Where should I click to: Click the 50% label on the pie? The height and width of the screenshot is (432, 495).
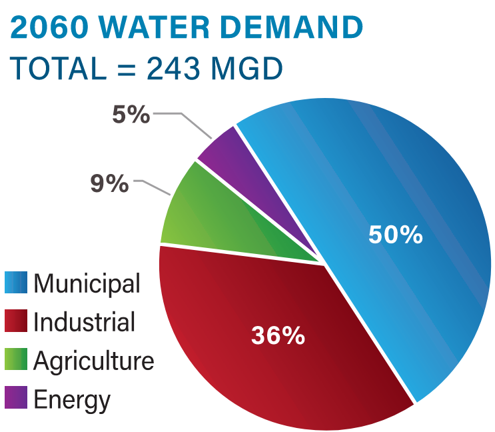coord(396,235)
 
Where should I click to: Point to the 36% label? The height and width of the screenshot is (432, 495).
coord(278,335)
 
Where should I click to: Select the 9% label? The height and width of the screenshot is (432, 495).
coord(109,183)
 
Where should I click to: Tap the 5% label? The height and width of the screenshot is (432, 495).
coord(131,115)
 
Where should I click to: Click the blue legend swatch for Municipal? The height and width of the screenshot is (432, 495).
coord(16,283)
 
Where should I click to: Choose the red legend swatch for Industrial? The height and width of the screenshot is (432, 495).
coord(16,321)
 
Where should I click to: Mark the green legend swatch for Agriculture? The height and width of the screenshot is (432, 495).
coord(16,360)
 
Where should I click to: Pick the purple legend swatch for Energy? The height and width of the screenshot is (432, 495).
coord(16,399)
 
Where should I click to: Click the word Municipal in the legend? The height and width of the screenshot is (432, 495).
coord(87,284)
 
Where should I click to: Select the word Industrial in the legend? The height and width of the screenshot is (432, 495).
coord(85,322)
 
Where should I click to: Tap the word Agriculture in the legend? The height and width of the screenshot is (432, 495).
coord(94,361)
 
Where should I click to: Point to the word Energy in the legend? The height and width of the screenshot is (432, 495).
coord(72,401)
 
